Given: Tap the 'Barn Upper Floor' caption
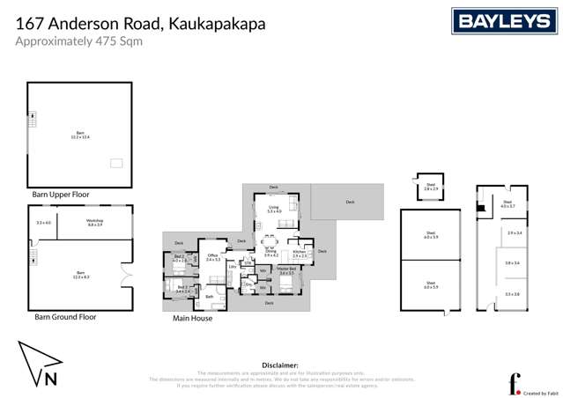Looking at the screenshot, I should tap(60, 194).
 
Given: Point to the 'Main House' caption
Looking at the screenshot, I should tap(192, 318).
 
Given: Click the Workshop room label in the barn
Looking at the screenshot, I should tap(94, 223).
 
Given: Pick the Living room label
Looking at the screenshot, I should tap(274, 209).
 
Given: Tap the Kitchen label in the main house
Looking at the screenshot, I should tap(300, 253).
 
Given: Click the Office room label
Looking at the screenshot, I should tap(212, 257).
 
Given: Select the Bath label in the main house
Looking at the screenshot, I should tap(210, 297).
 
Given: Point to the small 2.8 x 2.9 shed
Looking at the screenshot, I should tap(430, 188).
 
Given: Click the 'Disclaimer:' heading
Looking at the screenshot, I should tap(281, 365).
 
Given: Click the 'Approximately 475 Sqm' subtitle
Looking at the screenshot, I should tap(78, 41).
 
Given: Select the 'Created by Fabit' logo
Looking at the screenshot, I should tap(527, 386).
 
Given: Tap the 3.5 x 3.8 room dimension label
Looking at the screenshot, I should tap(513, 294).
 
